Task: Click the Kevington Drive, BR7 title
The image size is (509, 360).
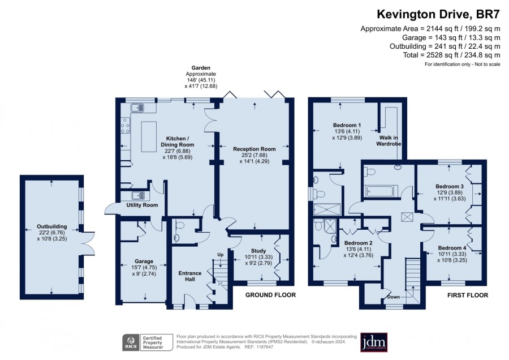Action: coord(438,14)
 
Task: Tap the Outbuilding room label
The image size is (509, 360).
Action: coord(52,226)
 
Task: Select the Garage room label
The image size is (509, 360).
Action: coord(144,262)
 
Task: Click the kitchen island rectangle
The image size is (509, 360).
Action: coord(149,137)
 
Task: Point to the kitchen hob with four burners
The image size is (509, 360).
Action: coord(126,126)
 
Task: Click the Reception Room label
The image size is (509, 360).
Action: coord(255,149)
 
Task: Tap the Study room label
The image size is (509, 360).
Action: coord(258,251)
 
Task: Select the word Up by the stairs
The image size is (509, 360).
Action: coord(221,255)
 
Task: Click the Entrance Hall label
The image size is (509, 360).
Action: coord(190,276)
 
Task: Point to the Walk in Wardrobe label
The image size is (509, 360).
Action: coord(389,141)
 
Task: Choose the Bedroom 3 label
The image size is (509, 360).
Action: coord(450,186)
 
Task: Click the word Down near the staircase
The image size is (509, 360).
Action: coord(394,297)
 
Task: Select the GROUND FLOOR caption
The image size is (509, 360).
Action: coord(270,295)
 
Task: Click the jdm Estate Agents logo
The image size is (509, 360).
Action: coord(374,342)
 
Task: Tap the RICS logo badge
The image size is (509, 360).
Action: coord(131,342)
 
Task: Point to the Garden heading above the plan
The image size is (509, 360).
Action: coord(201,68)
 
